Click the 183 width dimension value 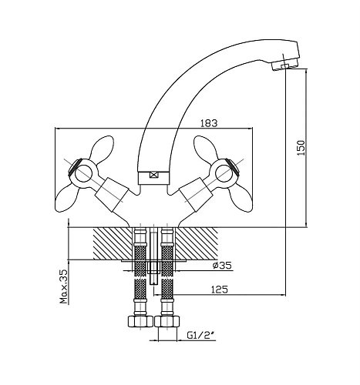pyautogui.click(x=209, y=123)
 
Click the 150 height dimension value pyautogui.click(x=301, y=148)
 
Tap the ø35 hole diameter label pyautogui.click(x=222, y=265)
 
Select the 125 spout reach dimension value pyautogui.click(x=219, y=290)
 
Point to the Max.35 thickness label pyautogui.click(x=63, y=286)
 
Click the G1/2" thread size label pyautogui.click(x=201, y=335)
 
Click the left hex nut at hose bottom pyautogui.click(x=140, y=321)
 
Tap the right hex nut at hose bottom pyautogui.click(x=167, y=321)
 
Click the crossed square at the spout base pyautogui.click(x=153, y=176)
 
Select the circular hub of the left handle pyautogui.click(x=82, y=173)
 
